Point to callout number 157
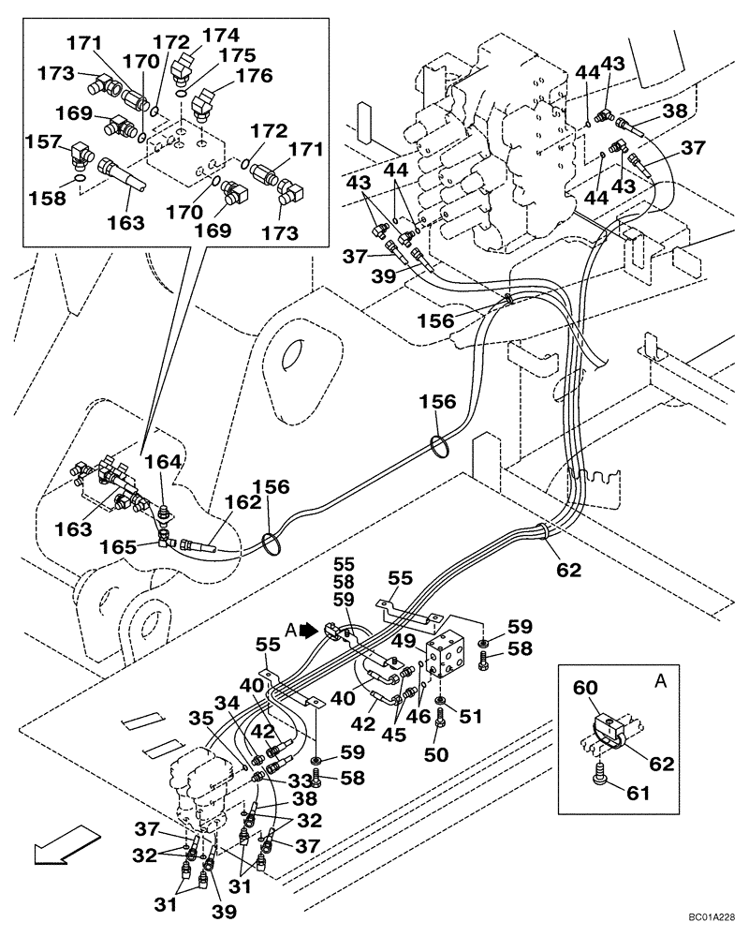click(x=43, y=141)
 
